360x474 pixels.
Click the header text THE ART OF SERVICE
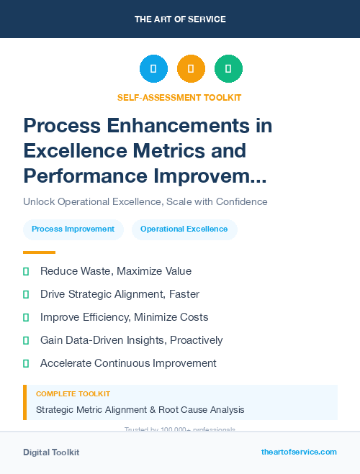pyautogui.click(x=180, y=19)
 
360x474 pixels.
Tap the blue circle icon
pyautogui.click(x=153, y=69)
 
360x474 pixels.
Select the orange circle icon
pyautogui.click(x=191, y=69)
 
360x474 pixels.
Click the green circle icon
pyautogui.click(x=228, y=69)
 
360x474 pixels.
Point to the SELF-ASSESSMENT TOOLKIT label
pyautogui.click(x=179, y=97)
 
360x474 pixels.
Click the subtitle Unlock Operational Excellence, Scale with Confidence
pyautogui.click(x=145, y=201)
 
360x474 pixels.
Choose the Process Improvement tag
pyautogui.click(x=73, y=229)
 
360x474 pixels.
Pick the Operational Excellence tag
pyautogui.click(x=184, y=229)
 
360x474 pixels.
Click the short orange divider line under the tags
pyautogui.click(x=39, y=252)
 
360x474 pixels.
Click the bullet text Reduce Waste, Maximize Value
pyautogui.click(x=115, y=271)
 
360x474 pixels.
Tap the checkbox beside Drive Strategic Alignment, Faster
pyautogui.click(x=26, y=294)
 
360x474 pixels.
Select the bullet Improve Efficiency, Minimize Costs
pyautogui.click(x=124, y=317)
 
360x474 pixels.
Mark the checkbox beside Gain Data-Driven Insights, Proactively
pyautogui.click(x=26, y=340)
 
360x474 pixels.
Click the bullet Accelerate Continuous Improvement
pyautogui.click(x=128, y=363)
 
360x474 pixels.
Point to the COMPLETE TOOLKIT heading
pyautogui.click(x=73, y=394)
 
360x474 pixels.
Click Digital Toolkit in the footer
pyautogui.click(x=51, y=452)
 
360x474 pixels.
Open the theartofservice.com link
pyautogui.click(x=299, y=452)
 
